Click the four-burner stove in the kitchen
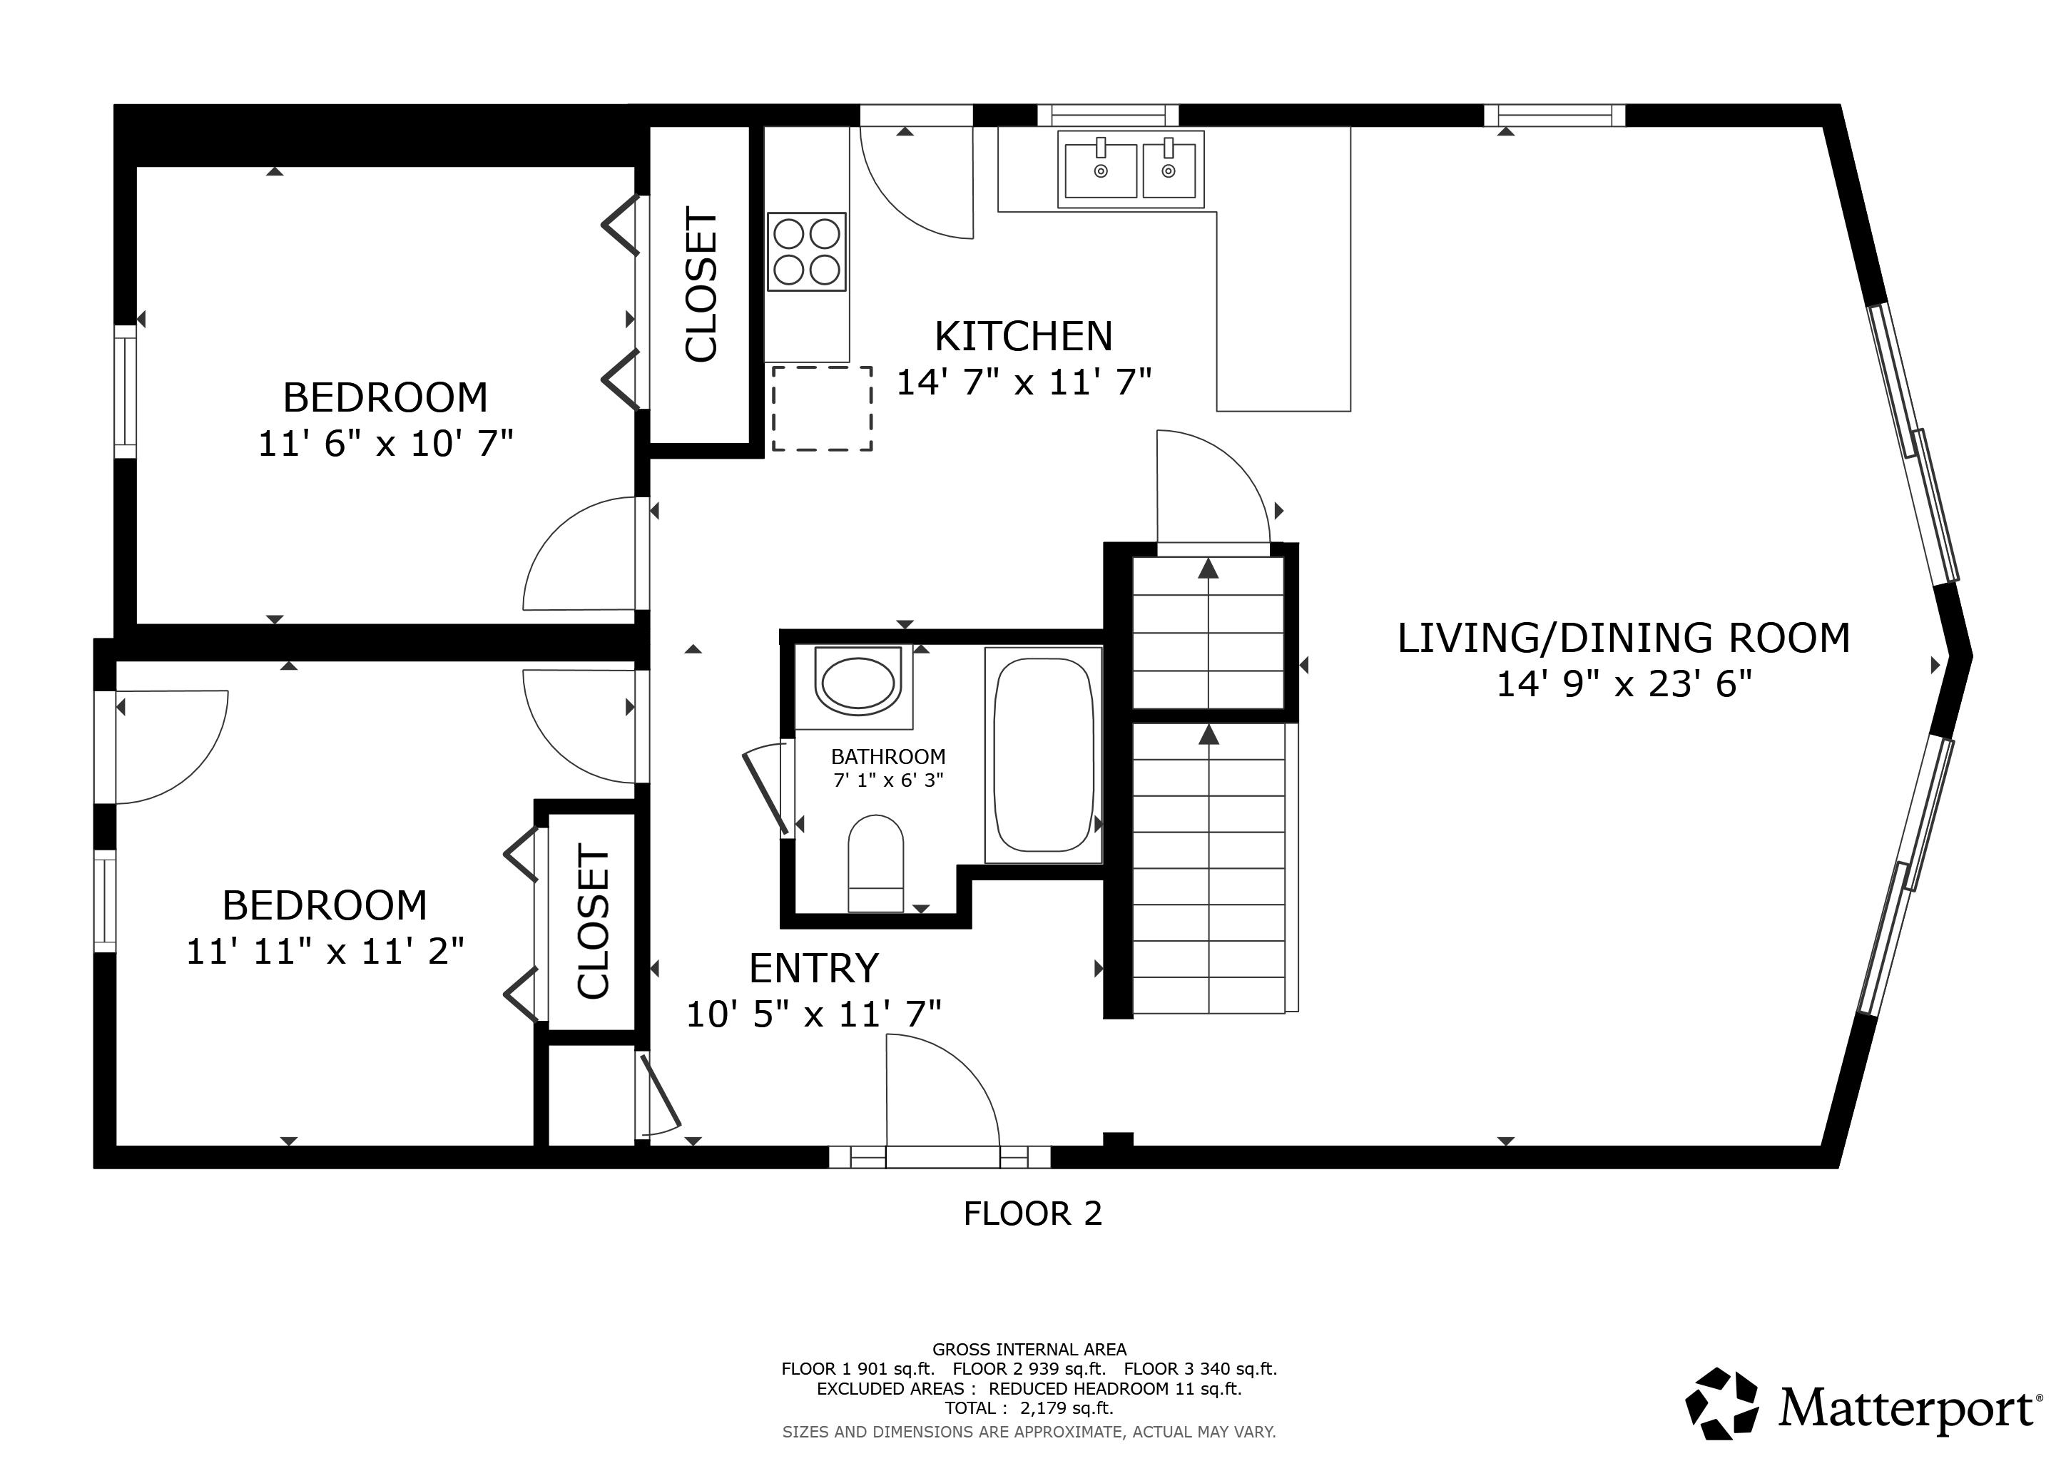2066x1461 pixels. point(806,252)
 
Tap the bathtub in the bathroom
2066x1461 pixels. point(1044,755)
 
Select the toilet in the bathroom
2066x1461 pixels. point(875,864)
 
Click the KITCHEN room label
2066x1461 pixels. point(1024,337)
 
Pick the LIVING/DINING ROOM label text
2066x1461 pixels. point(1623,638)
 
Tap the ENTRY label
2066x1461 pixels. point(813,968)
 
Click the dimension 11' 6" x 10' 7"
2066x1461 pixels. point(385,444)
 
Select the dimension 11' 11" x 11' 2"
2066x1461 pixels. point(325,951)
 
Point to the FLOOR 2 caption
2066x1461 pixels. point(1032,1213)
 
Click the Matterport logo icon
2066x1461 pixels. point(1721,1403)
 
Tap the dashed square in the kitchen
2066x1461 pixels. point(823,409)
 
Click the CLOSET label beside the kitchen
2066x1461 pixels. point(701,285)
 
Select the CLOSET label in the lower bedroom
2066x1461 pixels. point(593,921)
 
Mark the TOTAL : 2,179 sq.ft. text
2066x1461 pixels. point(1029,1408)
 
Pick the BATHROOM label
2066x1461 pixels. point(888,757)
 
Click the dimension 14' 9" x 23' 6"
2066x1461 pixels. point(1624,685)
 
